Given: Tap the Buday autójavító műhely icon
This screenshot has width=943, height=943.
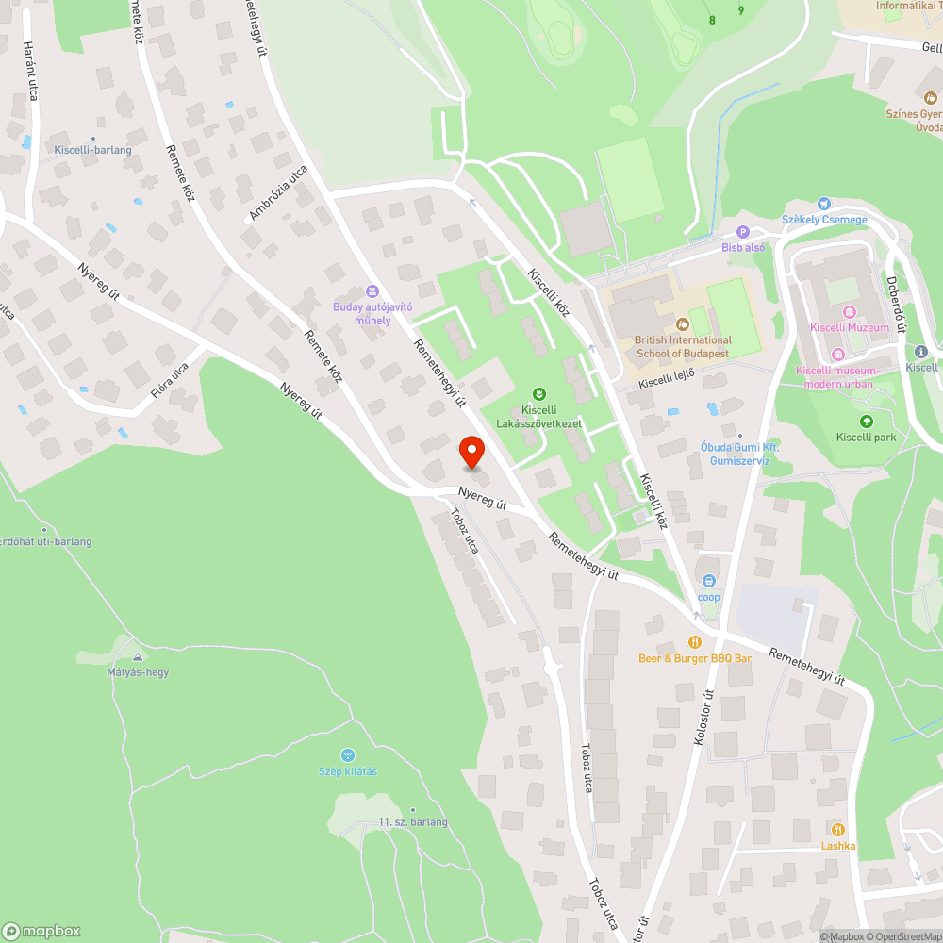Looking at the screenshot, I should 372,291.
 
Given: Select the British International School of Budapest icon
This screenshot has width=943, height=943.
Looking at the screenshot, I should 683,324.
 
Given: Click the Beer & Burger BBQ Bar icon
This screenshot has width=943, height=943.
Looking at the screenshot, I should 695,642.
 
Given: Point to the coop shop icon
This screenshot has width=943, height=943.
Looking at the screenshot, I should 709,581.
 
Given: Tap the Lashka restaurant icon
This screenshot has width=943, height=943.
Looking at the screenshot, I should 837,829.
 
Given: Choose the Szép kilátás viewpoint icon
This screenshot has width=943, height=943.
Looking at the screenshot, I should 347,755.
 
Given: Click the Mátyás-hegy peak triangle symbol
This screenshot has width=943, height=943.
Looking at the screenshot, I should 138,656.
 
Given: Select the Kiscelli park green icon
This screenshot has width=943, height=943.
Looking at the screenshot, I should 866,422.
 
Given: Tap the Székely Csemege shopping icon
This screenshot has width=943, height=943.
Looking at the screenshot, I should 824,203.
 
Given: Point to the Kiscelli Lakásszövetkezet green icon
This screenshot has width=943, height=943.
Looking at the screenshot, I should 538,393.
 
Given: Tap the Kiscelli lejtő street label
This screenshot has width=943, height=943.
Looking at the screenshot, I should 666,378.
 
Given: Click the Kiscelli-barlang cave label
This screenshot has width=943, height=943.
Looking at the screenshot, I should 92,150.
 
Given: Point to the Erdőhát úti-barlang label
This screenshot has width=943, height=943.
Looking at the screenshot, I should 46,541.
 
